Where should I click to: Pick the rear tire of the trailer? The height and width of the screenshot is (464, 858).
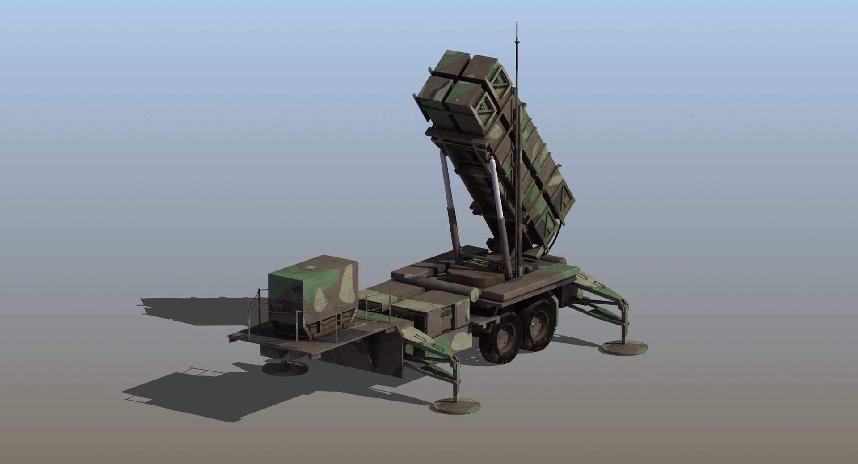pyautogui.click(x=538, y=325)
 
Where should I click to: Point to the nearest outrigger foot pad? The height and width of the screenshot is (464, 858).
pyautogui.click(x=457, y=406)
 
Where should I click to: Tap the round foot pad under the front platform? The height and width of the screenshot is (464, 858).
pyautogui.click(x=285, y=368)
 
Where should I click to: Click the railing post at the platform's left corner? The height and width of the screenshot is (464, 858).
pyautogui.click(x=249, y=315)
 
